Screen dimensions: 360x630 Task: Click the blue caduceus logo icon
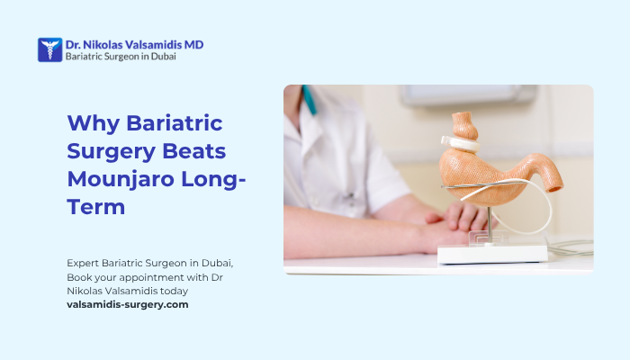point(49,49)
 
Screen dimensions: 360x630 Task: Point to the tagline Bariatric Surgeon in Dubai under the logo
point(121,56)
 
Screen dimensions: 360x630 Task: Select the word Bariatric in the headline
point(174,123)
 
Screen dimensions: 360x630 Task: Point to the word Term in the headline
point(95,206)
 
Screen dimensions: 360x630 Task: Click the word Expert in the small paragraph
point(82,262)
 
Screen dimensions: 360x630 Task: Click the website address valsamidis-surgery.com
point(128,305)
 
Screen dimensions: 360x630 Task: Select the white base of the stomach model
point(492,253)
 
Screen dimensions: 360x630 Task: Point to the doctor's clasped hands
point(450,220)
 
